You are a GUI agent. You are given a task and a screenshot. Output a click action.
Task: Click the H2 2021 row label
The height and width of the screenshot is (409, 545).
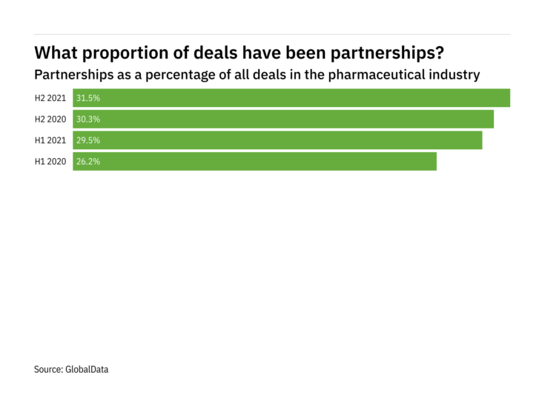[x=51, y=98]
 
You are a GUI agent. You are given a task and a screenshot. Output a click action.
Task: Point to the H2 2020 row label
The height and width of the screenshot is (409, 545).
[x=51, y=119]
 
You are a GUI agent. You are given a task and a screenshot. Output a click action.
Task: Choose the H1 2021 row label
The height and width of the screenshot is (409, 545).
[x=51, y=140]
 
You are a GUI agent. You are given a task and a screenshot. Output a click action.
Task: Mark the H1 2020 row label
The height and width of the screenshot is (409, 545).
[x=51, y=161]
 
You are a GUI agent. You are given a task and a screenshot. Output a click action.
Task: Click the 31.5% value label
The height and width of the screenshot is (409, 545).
[x=87, y=98]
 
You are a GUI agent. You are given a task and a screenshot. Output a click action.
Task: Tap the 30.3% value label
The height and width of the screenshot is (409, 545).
[x=87, y=119]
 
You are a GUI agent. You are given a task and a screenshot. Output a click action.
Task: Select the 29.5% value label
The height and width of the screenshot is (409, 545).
[x=87, y=140]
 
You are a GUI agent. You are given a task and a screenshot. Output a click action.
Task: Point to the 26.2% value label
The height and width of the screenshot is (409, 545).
[x=87, y=161]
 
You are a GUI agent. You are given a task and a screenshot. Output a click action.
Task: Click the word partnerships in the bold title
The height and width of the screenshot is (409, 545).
[x=392, y=53]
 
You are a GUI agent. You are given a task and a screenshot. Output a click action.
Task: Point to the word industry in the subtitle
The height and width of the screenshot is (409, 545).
[x=455, y=75]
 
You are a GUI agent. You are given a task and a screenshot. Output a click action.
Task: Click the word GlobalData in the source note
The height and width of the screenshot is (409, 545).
[x=87, y=368]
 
